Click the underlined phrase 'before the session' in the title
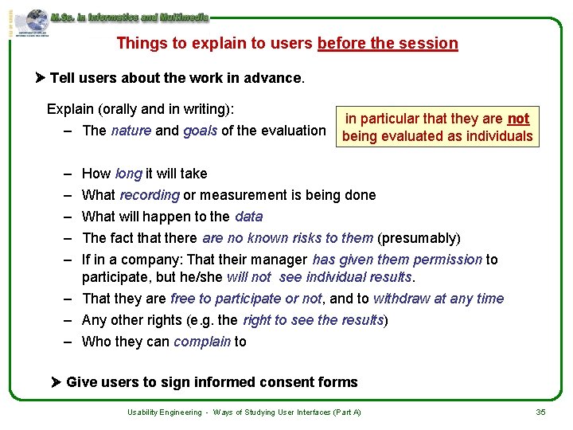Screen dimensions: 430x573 click(388, 43)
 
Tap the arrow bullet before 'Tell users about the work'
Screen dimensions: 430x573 click(41, 78)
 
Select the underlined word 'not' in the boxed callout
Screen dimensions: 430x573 click(518, 119)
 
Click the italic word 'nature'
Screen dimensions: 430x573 click(131, 131)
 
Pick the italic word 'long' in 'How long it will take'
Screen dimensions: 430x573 click(128, 174)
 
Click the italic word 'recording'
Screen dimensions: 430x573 click(150, 195)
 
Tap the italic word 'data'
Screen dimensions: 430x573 click(248, 217)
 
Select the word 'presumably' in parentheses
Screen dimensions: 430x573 click(419, 238)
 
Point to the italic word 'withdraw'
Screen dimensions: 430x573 click(403, 299)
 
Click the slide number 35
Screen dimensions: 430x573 click(540, 412)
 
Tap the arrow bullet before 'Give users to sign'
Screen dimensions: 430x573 click(57, 382)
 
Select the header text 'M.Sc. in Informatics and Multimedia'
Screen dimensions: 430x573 click(129, 16)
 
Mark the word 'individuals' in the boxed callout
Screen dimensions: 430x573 click(497, 136)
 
